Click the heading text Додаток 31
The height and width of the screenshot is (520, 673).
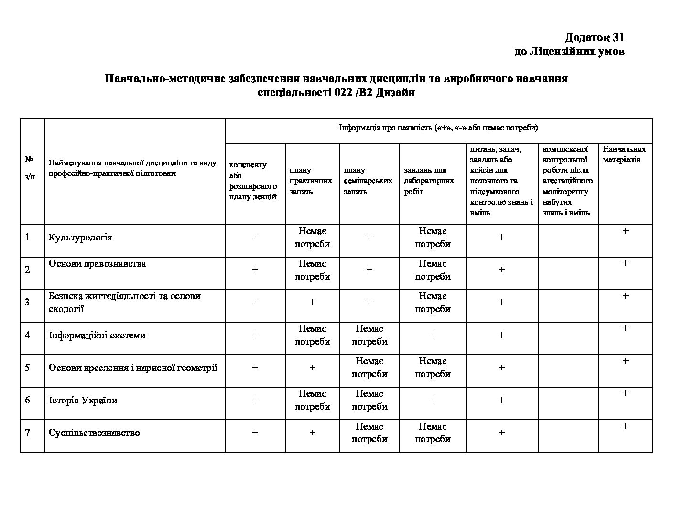point(594,37)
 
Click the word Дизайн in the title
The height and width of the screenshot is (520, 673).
point(395,93)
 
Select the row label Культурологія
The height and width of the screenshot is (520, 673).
point(80,238)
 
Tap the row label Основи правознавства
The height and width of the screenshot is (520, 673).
point(98,264)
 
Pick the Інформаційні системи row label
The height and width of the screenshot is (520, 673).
point(97,335)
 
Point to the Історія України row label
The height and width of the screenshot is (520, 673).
point(83,400)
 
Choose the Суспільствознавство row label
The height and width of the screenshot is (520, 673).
point(94,433)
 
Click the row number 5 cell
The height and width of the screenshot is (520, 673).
point(27,368)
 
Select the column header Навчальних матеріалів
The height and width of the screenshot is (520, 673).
point(624,154)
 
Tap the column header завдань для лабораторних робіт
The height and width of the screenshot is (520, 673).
point(429,181)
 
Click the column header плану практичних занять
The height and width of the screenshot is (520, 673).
point(311,181)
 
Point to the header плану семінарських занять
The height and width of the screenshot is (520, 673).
point(368,181)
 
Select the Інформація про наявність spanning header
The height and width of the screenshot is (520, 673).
point(438,128)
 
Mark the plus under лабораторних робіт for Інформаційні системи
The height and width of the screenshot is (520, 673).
point(433,335)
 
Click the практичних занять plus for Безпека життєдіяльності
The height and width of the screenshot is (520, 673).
point(312,302)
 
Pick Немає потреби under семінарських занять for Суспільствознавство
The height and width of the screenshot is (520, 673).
point(369,433)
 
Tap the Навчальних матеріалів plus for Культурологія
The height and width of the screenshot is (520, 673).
point(625,231)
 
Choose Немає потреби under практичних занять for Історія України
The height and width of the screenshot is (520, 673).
point(312,400)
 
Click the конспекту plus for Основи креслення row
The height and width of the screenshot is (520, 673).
point(255,368)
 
